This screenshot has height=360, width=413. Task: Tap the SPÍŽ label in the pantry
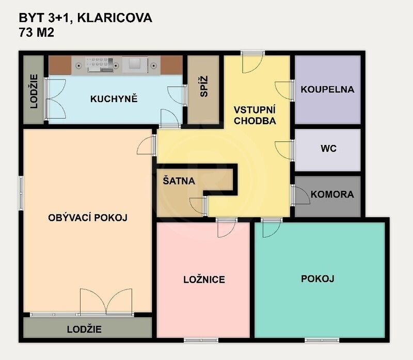point(203,90)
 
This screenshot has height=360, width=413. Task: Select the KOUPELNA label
point(327,89)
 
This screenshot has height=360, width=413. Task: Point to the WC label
point(328,149)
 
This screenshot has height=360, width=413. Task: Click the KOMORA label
point(332,194)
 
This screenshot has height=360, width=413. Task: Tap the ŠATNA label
point(179,181)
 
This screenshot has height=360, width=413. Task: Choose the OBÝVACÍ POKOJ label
point(88,218)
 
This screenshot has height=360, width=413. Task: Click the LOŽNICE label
point(204,280)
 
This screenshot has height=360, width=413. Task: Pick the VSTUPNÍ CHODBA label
point(255,116)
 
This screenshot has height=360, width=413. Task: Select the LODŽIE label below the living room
point(84,329)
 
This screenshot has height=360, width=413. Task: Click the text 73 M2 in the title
point(37,33)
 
